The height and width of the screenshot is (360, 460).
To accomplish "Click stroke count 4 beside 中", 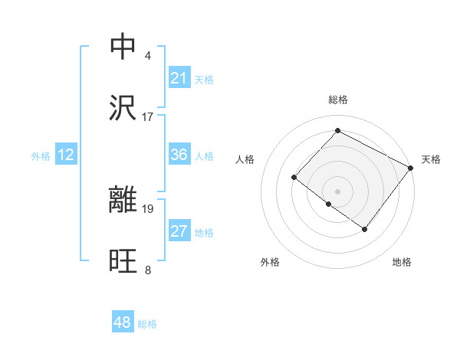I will pos(147,56).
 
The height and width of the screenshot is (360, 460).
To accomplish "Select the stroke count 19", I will pos(148,208).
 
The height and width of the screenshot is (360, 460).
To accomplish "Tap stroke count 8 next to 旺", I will pos(147,270).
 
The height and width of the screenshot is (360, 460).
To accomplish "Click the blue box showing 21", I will pos(179,78).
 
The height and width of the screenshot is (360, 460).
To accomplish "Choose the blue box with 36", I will pos(179,155).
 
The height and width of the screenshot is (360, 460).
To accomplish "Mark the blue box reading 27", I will pos(179,231).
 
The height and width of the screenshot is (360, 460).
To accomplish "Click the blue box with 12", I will pos(66,155).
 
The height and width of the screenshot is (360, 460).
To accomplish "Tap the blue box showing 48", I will pos(123,322).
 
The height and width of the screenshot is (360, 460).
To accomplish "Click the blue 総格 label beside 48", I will pos(147,324).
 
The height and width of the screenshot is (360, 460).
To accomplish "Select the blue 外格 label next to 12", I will pos(41,156).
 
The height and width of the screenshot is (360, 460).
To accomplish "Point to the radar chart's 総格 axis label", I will pos(338,100).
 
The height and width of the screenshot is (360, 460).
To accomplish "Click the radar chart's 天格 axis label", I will pos(431,159).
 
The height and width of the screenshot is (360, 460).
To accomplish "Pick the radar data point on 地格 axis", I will pos(365,229).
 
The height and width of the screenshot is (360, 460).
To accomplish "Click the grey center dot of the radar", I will pos(337,191).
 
